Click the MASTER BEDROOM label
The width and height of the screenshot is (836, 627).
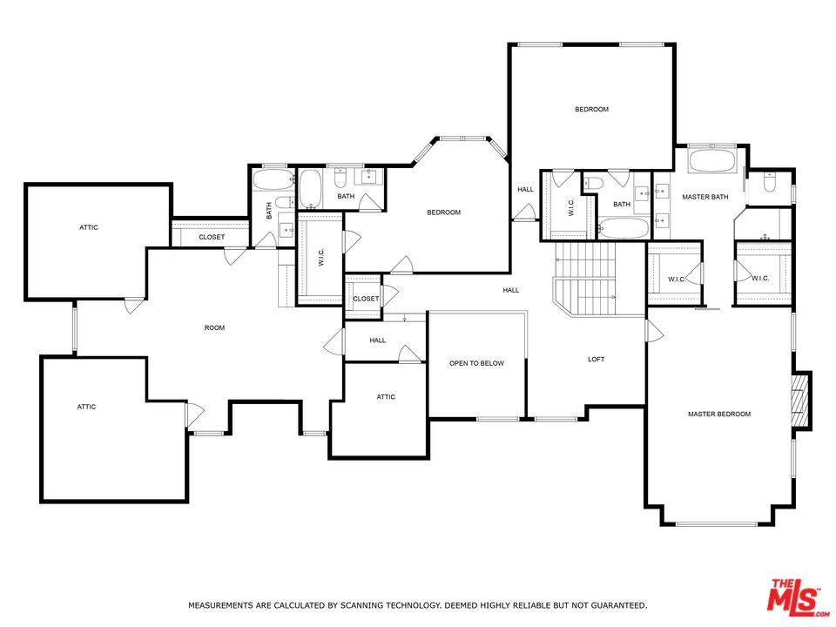[718, 415]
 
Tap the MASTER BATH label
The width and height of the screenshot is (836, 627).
[705, 197]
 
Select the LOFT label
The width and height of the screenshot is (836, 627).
[596, 359]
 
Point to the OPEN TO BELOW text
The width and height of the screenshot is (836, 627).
[476, 363]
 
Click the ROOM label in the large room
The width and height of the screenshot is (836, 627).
[214, 328]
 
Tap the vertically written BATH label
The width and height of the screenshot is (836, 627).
[269, 209]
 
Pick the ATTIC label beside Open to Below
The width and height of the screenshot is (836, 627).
[386, 397]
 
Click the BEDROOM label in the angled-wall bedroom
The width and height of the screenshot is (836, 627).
[443, 212]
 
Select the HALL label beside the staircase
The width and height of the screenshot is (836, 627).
[510, 290]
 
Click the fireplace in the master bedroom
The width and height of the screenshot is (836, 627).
[800, 401]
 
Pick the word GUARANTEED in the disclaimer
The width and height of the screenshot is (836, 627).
[615, 604]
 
